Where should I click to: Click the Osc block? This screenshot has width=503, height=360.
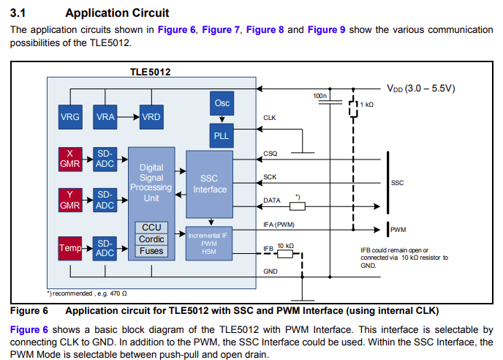click(222, 103)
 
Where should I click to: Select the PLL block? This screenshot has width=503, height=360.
click(222, 135)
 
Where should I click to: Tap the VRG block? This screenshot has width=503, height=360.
click(70, 117)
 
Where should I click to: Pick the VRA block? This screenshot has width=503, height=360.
click(107, 117)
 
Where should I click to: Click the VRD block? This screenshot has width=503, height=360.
click(151, 117)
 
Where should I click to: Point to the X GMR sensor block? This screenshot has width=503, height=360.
click(69, 158)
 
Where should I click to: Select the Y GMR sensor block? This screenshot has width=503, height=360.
click(69, 200)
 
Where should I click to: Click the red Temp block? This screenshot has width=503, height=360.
click(70, 248)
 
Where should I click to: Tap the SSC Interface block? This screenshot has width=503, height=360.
click(210, 183)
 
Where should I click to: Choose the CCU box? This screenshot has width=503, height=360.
click(151, 228)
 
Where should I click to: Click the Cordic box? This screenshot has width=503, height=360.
click(151, 239)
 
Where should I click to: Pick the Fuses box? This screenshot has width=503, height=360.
click(151, 251)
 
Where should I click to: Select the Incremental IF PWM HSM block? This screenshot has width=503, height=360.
click(210, 243)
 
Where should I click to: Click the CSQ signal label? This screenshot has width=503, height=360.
click(270, 154)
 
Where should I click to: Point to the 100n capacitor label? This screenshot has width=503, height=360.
click(319, 96)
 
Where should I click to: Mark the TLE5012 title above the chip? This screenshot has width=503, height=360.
click(151, 72)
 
